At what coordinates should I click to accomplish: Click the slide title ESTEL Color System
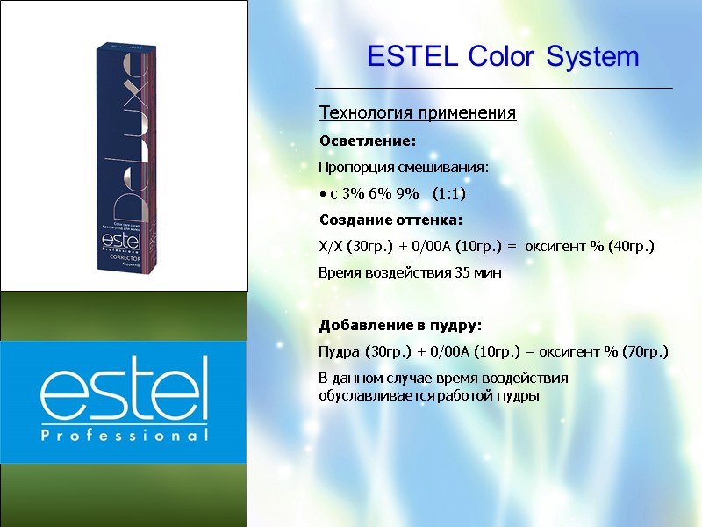pos(503,57)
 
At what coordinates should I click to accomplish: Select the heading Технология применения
pos(418,113)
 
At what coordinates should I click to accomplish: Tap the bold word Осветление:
pos(367,141)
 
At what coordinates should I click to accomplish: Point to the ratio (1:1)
pos(448,193)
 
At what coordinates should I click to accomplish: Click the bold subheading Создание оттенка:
pos(390,219)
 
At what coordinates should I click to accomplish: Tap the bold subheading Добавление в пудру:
pos(400,325)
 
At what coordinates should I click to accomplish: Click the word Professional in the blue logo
pos(124,435)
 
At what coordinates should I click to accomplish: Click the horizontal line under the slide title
pos(494,89)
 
